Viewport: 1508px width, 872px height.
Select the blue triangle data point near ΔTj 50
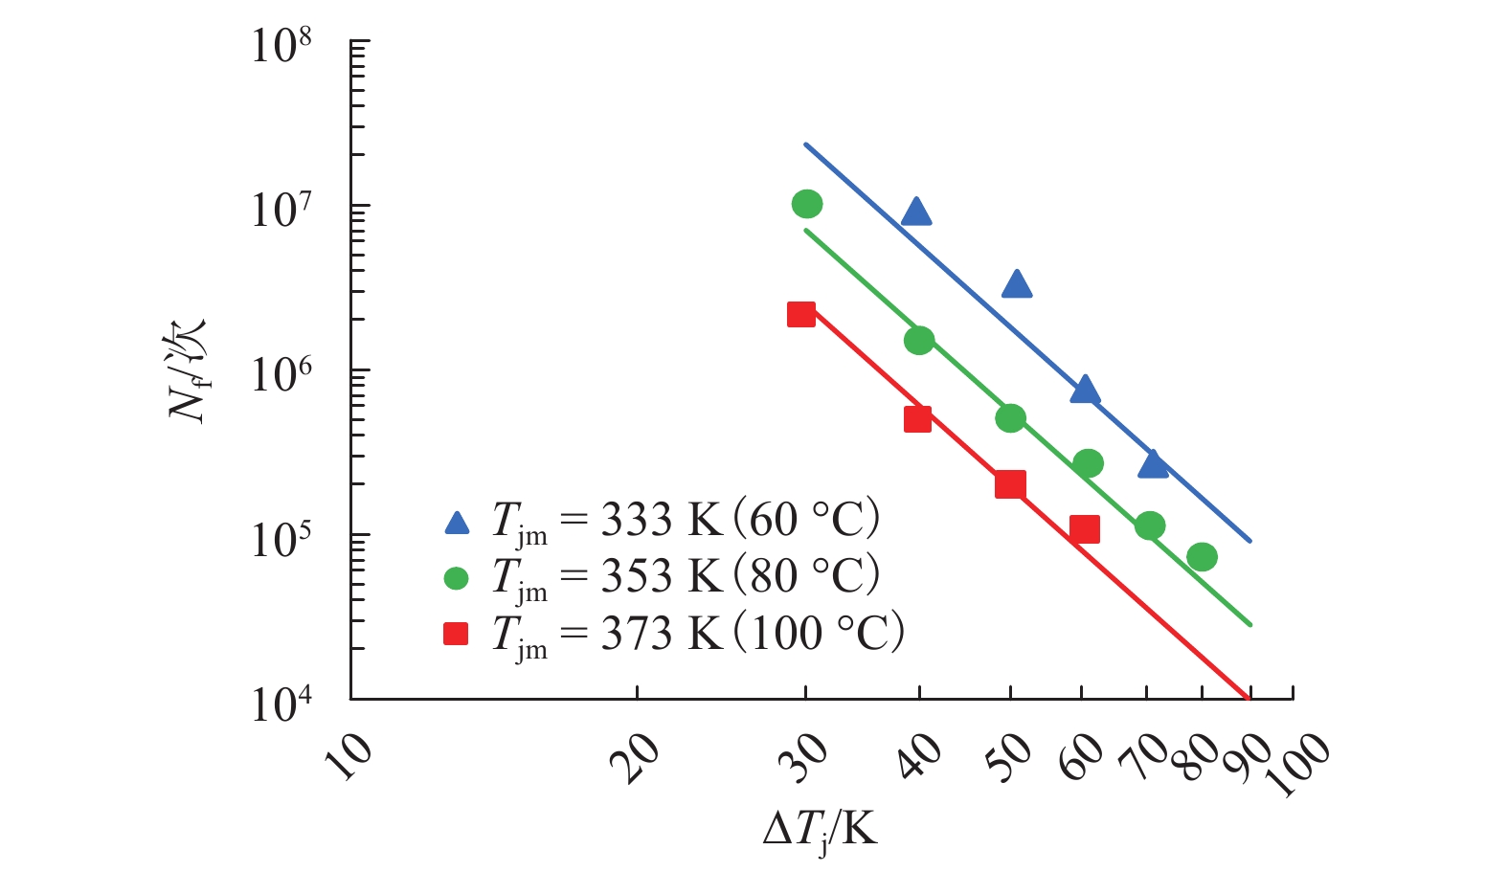[x=1016, y=284]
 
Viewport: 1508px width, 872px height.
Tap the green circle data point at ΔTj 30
[x=807, y=204]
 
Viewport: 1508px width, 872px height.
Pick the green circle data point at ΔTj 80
[x=1202, y=556]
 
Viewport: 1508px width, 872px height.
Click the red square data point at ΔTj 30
[x=801, y=314]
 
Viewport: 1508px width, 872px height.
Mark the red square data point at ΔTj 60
[x=1084, y=529]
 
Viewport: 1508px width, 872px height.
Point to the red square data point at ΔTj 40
[x=917, y=419]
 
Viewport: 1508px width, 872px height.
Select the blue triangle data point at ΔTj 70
[x=1153, y=465]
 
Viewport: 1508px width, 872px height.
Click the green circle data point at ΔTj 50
[x=1010, y=418]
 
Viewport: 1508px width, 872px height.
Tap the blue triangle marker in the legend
[x=457, y=523]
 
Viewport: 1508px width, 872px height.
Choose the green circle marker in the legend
[x=457, y=578]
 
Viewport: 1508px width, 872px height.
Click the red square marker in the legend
[x=457, y=634]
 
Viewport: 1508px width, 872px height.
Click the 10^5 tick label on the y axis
[x=281, y=539]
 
